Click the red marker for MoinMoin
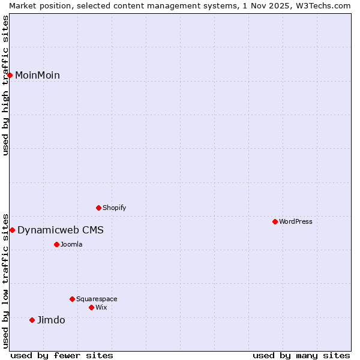click(10, 75)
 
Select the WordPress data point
click(275, 221)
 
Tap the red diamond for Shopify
click(99, 208)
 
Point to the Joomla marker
click(57, 244)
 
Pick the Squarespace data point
click(73, 299)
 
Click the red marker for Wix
click(92, 307)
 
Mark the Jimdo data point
click(32, 320)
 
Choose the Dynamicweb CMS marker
click(12, 230)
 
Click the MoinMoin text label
click(37, 75)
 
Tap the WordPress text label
click(296, 221)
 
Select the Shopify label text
click(115, 208)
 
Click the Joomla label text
click(71, 244)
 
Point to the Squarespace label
click(97, 299)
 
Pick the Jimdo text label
click(51, 320)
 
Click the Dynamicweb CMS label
click(60, 230)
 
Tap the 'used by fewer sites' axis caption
click(62, 355)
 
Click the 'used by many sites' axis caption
click(301, 355)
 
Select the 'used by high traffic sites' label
click(5, 85)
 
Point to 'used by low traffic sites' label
click(5, 280)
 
